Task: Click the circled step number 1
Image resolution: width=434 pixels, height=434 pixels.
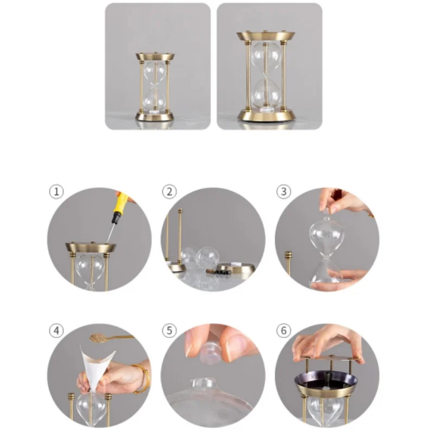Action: click(x=56, y=192)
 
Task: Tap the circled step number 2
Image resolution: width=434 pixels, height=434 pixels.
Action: click(x=169, y=192)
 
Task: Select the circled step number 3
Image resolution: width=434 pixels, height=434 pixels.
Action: click(x=284, y=192)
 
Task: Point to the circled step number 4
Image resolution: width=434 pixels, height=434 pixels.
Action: click(x=56, y=330)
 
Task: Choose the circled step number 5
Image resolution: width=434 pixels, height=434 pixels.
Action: click(x=169, y=330)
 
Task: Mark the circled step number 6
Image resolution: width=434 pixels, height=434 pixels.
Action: click(x=284, y=330)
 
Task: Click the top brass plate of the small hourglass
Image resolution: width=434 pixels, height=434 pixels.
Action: click(x=155, y=57)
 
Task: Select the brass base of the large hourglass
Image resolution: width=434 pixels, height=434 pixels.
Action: click(x=266, y=114)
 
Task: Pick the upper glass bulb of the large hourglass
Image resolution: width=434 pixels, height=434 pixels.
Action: click(x=266, y=58)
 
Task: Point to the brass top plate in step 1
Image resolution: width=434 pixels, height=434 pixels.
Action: click(x=91, y=247)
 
